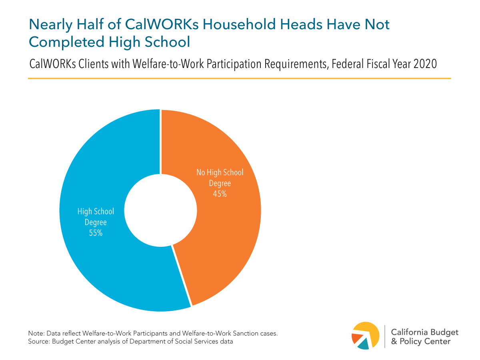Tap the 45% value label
coord(220,194)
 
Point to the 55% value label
coord(96,233)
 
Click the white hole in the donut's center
coord(160,210)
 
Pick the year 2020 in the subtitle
coord(424,64)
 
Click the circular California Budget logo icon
coord(365,335)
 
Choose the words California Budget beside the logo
coord(424,332)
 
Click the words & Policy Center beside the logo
coord(420,342)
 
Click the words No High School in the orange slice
coord(220,173)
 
